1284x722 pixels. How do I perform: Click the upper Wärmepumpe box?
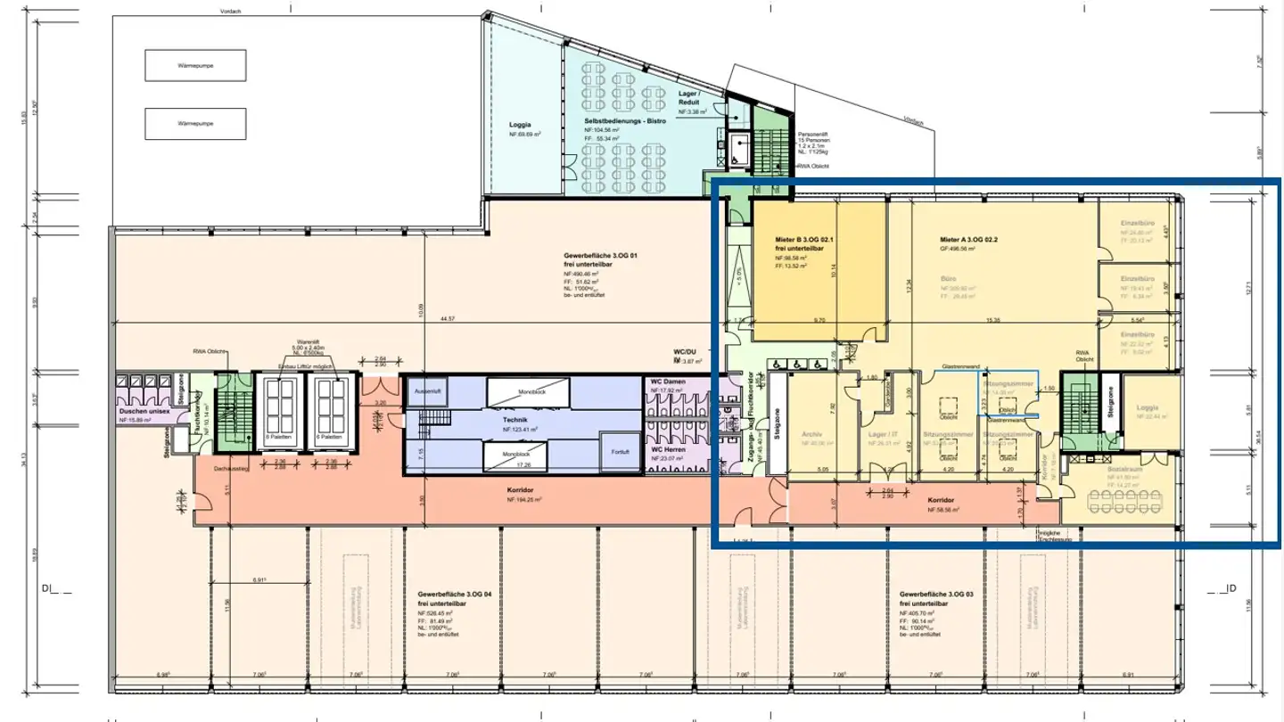(x=195, y=65)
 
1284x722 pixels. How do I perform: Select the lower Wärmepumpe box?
(x=195, y=123)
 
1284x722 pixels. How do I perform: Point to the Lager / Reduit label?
(x=689, y=98)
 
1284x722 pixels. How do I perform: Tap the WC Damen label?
(x=668, y=381)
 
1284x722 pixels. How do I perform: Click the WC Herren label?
(x=668, y=449)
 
